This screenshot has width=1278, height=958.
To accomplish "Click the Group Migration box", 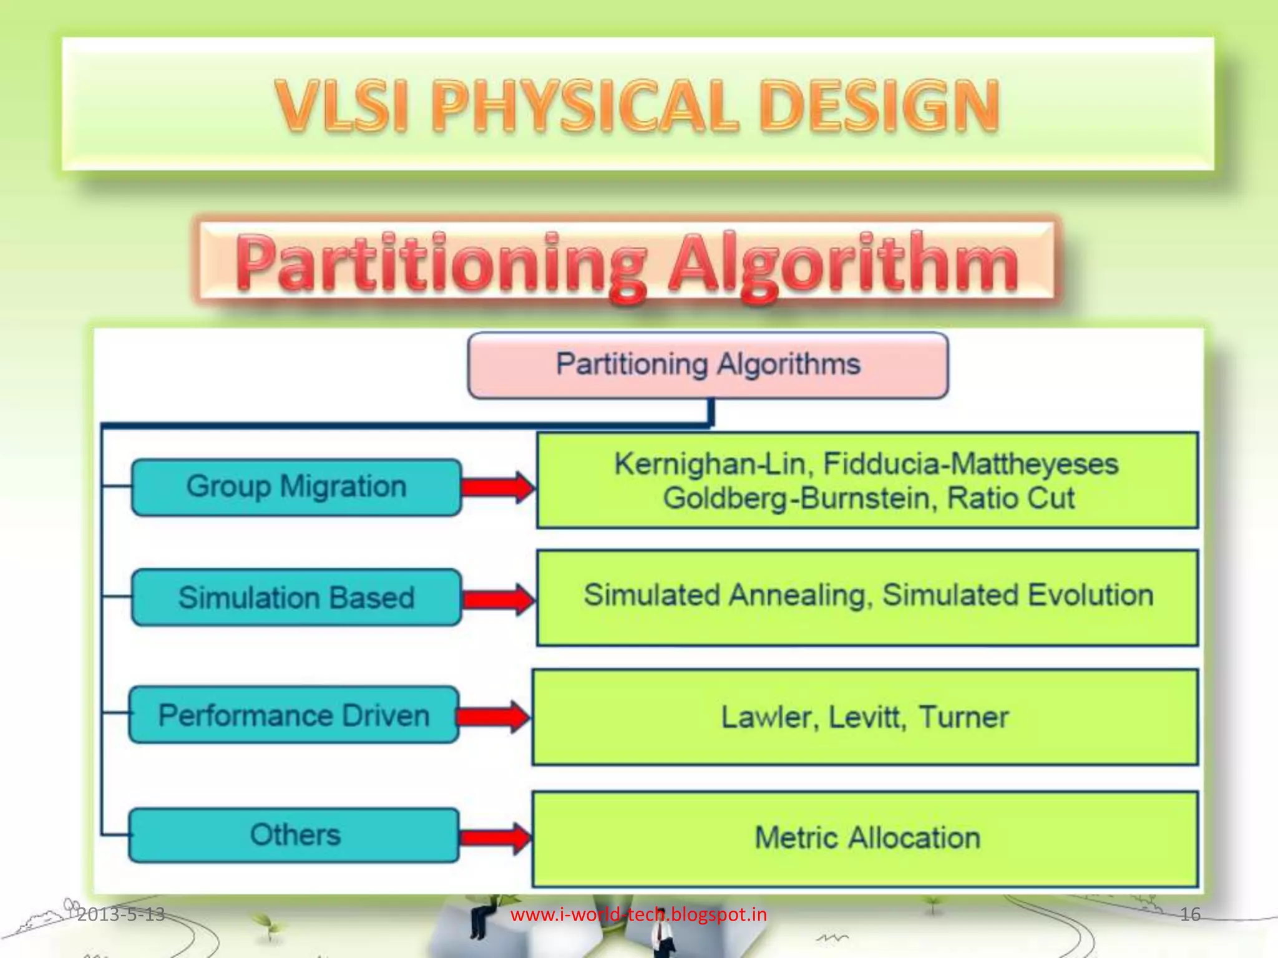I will [296, 486].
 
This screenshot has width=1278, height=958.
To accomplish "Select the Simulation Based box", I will [296, 597].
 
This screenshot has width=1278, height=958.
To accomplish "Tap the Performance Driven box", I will [293, 715].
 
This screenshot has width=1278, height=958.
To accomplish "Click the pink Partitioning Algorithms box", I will [708, 365].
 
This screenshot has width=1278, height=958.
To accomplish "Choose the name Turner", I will [963, 717].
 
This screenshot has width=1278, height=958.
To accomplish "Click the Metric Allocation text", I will [867, 838].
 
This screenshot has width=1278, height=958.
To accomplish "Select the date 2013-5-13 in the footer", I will [121, 914].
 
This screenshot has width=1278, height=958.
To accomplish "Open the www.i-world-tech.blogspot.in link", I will [638, 914].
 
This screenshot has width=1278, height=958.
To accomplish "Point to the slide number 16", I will [1190, 914].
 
